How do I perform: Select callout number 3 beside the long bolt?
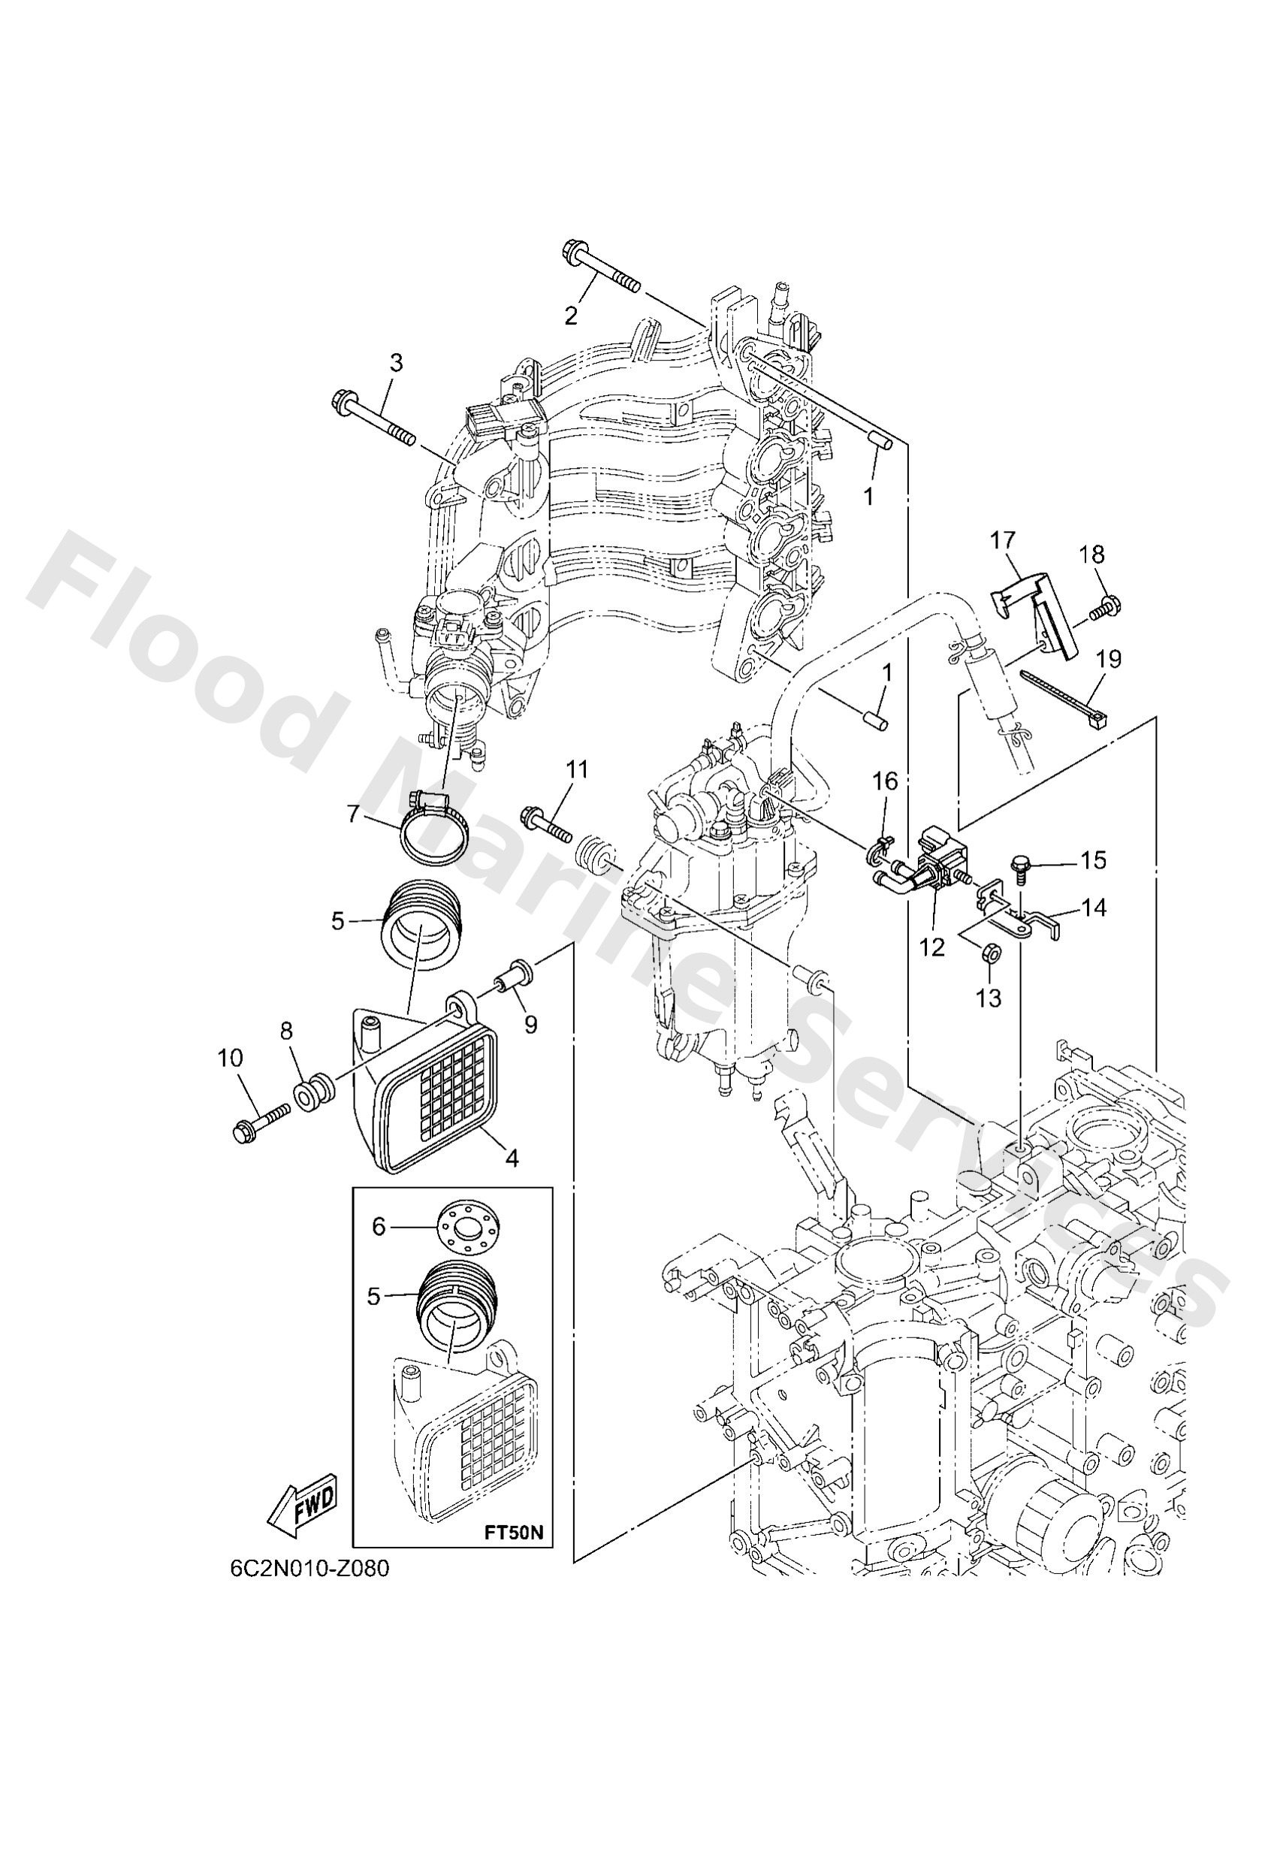pyautogui.click(x=397, y=363)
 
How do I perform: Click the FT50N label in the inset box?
pyautogui.click(x=514, y=1533)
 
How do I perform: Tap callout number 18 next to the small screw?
pyautogui.click(x=1091, y=554)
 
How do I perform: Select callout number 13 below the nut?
pyautogui.click(x=989, y=998)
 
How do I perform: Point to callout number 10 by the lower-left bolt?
pyautogui.click(x=230, y=1059)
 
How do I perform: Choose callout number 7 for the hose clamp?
pyautogui.click(x=354, y=814)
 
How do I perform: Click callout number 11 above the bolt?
pyautogui.click(x=577, y=770)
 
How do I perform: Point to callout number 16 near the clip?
pyautogui.click(x=886, y=781)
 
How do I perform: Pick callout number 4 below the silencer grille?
pyautogui.click(x=512, y=1159)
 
